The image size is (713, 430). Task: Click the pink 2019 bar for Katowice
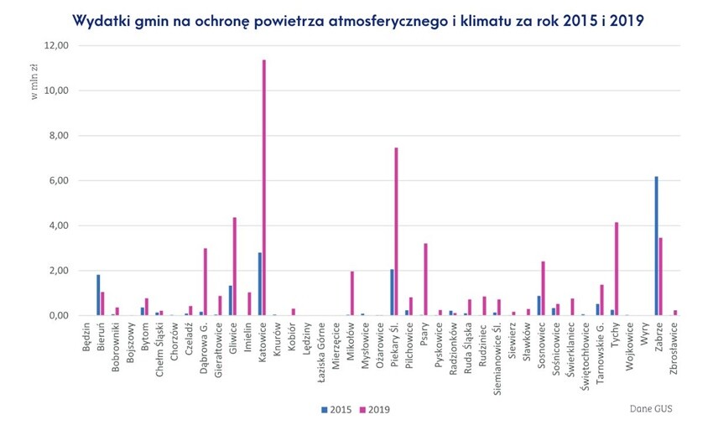click(x=264, y=188)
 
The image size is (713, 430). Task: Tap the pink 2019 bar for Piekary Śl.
click(x=396, y=231)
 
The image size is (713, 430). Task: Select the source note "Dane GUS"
click(x=651, y=409)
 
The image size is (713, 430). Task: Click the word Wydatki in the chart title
click(x=100, y=19)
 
